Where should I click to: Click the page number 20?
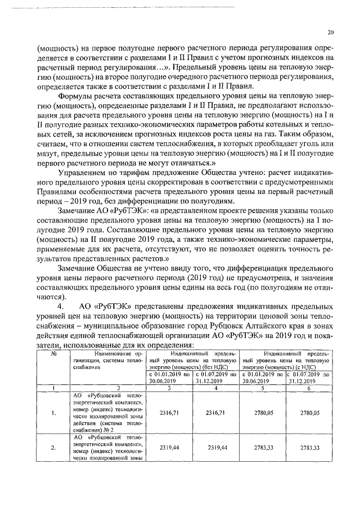tap(330, 32)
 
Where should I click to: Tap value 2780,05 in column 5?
tap(263, 413)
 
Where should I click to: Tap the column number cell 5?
tap(263, 388)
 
